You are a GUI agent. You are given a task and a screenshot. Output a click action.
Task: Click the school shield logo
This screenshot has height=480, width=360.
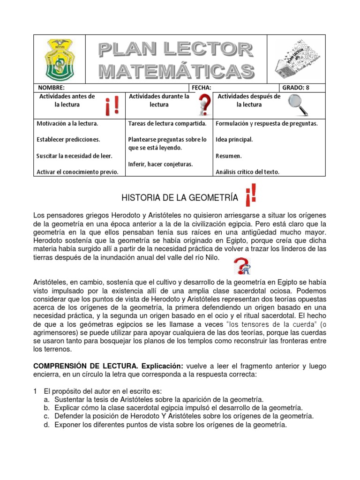tap(60, 59)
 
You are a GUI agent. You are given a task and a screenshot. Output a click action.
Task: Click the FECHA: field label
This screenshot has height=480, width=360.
tap(202, 88)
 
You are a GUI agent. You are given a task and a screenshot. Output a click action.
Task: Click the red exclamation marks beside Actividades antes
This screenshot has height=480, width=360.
tap(112, 105)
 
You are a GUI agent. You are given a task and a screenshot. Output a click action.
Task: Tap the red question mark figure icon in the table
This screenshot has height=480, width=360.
tap(204, 105)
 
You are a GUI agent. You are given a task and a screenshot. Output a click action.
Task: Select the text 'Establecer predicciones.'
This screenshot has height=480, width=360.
tap(68, 140)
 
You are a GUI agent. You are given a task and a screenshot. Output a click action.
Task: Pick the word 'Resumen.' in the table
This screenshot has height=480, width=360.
tap(229, 156)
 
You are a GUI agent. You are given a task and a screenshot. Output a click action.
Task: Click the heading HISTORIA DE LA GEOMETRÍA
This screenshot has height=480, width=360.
tap(180, 199)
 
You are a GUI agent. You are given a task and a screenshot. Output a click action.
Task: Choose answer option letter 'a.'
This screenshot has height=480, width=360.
tap(46, 399)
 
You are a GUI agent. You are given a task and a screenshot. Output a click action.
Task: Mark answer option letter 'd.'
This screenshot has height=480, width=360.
tap(46, 425)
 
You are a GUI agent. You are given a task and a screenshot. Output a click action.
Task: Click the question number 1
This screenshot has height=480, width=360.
tap(35, 391)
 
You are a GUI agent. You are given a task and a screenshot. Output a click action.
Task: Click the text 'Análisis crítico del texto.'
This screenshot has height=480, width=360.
tap(247, 172)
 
